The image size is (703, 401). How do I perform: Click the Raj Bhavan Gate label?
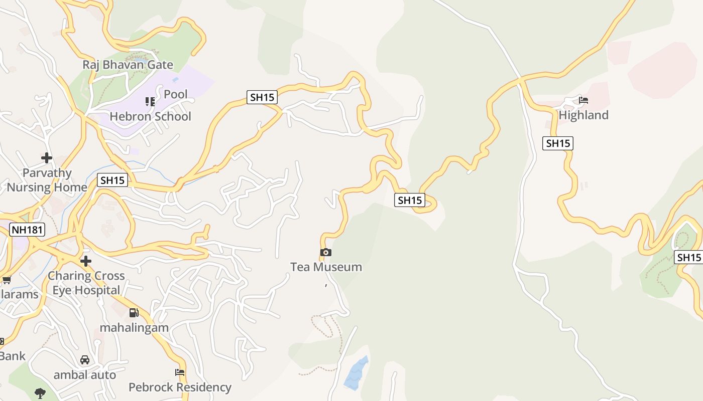click(x=128, y=65)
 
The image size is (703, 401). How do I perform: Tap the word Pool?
click(x=175, y=94)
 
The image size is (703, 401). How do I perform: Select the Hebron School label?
click(x=150, y=116)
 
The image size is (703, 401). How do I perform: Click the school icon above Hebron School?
click(x=150, y=102)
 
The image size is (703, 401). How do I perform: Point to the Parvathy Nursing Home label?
click(x=47, y=180)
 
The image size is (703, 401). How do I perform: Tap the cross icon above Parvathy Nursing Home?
click(x=47, y=158)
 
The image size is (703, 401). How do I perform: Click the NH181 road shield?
click(x=27, y=230)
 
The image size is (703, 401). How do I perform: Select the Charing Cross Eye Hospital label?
click(x=86, y=283)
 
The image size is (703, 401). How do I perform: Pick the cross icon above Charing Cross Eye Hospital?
click(x=86, y=261)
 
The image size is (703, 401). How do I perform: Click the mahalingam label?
click(x=134, y=327)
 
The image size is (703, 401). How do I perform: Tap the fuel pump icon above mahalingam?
click(x=134, y=313)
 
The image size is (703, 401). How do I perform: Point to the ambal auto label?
click(x=84, y=374)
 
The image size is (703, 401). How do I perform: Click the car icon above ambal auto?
click(x=85, y=360)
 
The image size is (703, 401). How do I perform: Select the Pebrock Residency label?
click(x=180, y=387)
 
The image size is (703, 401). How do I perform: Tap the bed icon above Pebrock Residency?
click(x=180, y=372)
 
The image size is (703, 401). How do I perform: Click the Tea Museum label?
click(x=326, y=267)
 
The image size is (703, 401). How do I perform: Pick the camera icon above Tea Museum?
click(x=326, y=252)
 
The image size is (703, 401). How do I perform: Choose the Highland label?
click(x=583, y=115)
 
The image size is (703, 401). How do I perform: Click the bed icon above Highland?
click(x=583, y=100)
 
